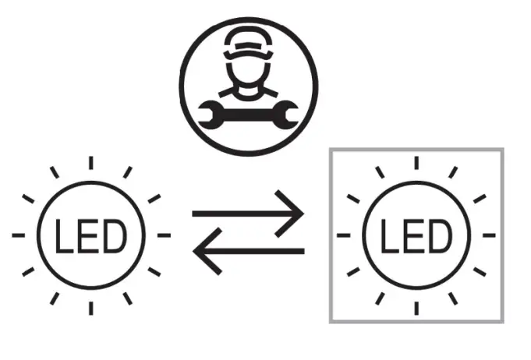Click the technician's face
pos(249,74)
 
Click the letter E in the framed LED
pos(415,235)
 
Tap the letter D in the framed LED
pos(440,235)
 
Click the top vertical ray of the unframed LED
pos(90,163)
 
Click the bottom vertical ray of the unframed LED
pos(90,307)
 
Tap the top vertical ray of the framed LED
pos(416,163)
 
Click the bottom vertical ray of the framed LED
pos(416,306)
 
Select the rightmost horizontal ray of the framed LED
pos(488,235)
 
